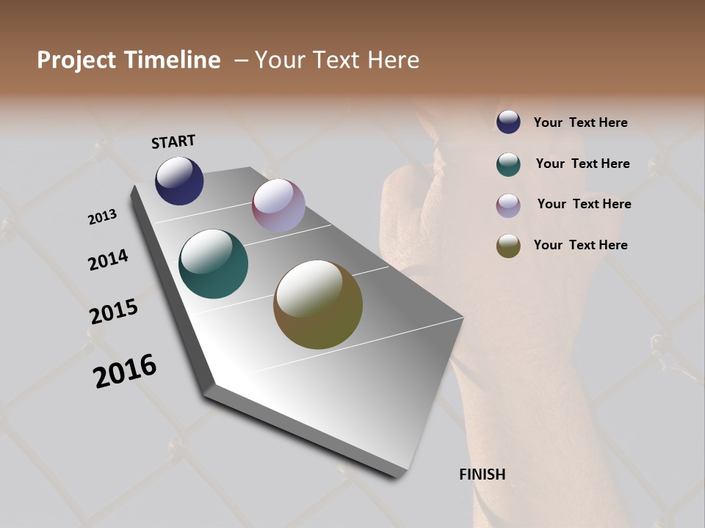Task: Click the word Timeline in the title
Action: [173, 60]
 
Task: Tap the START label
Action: [173, 142]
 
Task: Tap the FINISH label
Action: [482, 474]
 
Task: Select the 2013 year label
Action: [103, 217]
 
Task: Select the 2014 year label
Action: [109, 260]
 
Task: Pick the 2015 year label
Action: [114, 312]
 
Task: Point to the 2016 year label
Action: [125, 370]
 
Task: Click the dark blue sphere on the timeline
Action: [179, 180]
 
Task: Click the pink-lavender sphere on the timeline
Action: [278, 205]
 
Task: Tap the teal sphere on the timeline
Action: [213, 264]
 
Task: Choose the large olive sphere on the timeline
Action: [317, 304]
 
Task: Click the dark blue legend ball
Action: [508, 122]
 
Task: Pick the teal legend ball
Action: [508, 164]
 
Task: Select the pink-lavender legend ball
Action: [508, 205]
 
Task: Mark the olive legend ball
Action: [508, 246]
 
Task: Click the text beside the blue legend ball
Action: [580, 122]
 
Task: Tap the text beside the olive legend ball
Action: [580, 245]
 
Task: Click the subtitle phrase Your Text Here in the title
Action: [337, 60]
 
